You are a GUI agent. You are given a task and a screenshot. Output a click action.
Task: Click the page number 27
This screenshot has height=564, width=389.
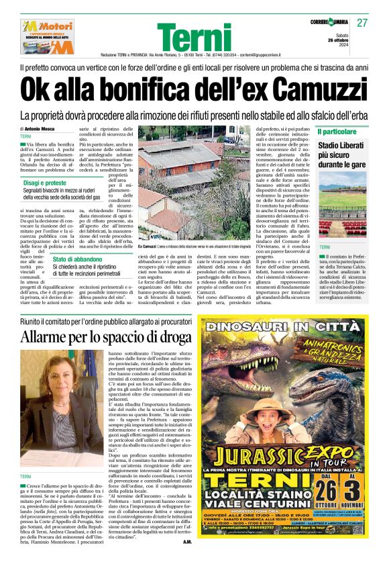(362, 22)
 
